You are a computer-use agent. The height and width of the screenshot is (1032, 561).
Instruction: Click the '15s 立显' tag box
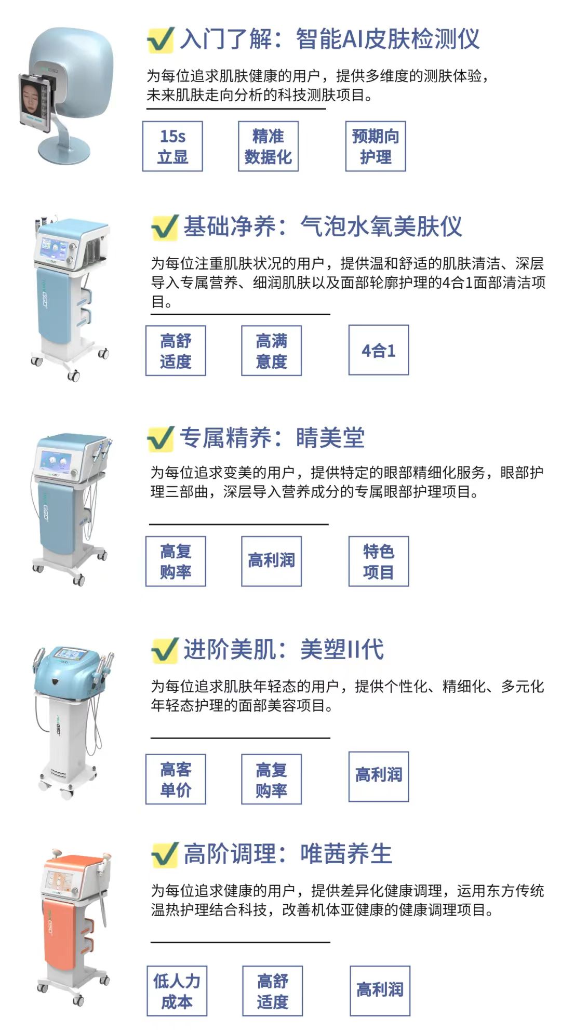[x=172, y=146]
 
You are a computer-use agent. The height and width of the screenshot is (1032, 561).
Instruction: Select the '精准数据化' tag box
[x=268, y=146]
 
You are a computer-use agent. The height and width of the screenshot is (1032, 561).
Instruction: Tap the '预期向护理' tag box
[x=376, y=146]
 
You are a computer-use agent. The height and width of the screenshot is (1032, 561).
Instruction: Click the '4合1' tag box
[x=379, y=351]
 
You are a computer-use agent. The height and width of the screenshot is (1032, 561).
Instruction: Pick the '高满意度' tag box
[x=271, y=351]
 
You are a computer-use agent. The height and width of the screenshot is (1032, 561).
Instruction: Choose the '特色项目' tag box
[x=379, y=561]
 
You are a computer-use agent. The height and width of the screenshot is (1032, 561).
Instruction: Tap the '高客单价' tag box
[x=176, y=779]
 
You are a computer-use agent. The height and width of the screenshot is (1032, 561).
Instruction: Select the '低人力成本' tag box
[x=177, y=991]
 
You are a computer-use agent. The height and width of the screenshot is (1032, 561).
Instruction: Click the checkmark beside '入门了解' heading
[x=161, y=39]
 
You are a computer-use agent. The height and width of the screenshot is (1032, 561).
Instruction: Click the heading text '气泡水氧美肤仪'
[x=381, y=227]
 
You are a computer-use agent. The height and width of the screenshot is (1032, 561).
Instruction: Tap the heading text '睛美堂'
[x=330, y=438]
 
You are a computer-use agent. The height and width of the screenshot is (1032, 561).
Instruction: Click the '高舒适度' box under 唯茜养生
[x=272, y=991]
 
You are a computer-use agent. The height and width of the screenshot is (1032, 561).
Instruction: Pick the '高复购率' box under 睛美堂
[x=176, y=561]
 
